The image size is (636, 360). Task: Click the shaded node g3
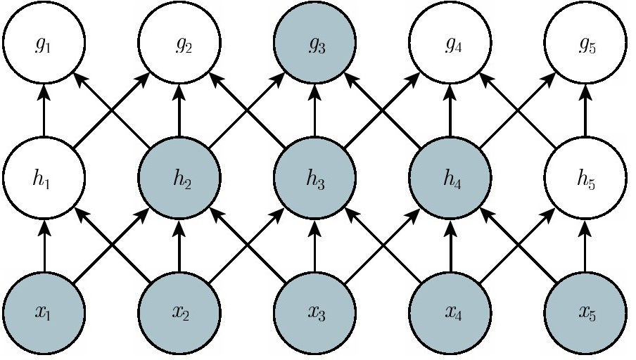315,42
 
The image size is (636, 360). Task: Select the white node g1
44,42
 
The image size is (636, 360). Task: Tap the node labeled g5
585,42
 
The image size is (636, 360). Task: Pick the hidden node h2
179,178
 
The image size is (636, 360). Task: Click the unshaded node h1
44,178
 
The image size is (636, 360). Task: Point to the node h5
585,178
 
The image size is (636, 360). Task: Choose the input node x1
44,313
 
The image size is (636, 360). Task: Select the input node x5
585,313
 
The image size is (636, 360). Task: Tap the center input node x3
315,313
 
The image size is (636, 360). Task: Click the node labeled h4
450,178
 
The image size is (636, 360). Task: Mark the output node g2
179,42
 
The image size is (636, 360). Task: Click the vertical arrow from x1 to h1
44,245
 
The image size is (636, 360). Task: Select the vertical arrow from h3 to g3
315,110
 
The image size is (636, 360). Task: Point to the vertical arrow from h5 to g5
585,110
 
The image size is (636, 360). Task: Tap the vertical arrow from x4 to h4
450,245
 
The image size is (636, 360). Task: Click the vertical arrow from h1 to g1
44,110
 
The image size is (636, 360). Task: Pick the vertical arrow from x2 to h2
179,245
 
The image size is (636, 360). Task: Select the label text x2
182,313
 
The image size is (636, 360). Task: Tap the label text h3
316,179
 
